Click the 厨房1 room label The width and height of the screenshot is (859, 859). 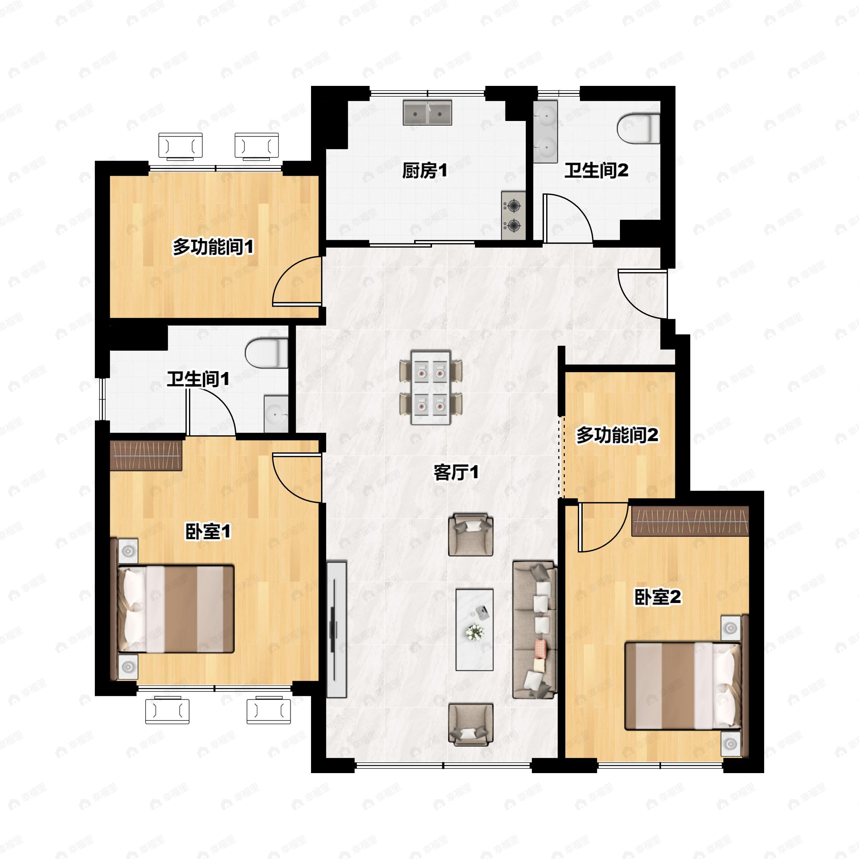(x=424, y=171)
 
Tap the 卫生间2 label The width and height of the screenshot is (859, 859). (x=596, y=171)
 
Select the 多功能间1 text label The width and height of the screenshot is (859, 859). (x=213, y=247)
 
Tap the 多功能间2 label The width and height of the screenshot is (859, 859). (x=617, y=435)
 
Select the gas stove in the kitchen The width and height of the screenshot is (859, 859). (x=514, y=215)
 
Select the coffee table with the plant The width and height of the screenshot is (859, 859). (x=474, y=630)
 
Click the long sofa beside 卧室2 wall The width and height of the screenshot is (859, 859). (x=535, y=629)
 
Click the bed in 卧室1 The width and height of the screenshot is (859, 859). (x=176, y=609)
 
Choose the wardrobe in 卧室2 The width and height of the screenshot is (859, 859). (x=690, y=521)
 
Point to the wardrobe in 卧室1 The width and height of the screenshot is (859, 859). (x=146, y=455)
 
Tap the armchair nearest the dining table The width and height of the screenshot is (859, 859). (x=470, y=535)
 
